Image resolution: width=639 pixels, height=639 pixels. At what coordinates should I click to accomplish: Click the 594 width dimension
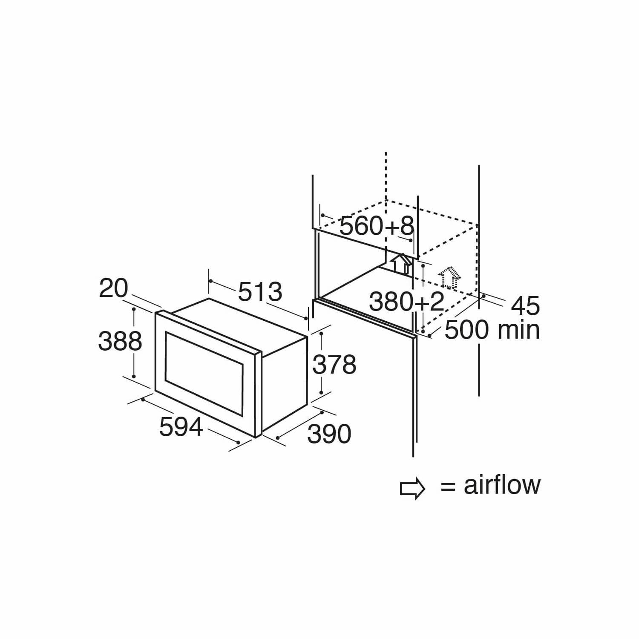(181, 427)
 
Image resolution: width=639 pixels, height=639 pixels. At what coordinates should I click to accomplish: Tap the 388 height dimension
(120, 341)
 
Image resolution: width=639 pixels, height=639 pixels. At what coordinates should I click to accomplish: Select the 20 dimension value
(113, 288)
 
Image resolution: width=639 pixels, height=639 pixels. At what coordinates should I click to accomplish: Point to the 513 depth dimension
(260, 292)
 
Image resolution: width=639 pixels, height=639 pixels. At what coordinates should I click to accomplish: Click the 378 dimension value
(334, 365)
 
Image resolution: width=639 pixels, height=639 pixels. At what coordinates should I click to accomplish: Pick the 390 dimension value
(329, 434)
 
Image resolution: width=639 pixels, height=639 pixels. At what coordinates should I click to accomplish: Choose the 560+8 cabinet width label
(377, 226)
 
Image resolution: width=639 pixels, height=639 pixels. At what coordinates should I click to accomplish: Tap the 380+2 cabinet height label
(407, 302)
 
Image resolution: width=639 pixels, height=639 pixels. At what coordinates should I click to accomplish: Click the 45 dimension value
(525, 305)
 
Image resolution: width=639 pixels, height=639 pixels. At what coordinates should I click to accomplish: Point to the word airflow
(502, 485)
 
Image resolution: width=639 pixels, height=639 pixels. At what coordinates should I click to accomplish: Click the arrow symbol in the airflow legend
(412, 489)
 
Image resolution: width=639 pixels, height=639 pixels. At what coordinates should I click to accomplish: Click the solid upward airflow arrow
(401, 263)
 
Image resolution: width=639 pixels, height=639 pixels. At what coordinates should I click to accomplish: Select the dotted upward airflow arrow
(449, 277)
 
